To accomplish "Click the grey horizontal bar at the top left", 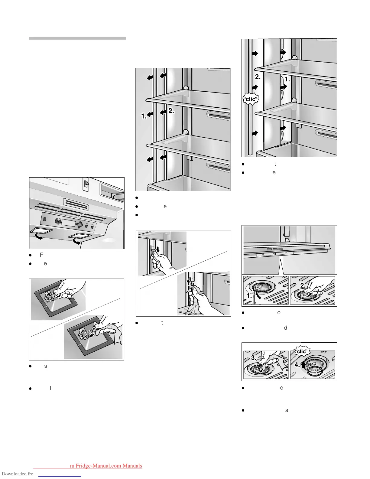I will (77, 38).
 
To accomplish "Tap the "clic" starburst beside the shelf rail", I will (251, 99).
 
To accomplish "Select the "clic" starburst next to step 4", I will (301, 351).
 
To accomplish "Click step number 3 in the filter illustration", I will (254, 358).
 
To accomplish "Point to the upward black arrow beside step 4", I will (303, 364).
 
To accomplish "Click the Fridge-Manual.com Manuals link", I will (106, 466).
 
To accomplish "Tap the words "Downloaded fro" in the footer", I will (18, 474).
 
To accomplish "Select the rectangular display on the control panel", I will (68, 223).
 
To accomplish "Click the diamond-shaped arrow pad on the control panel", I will (80, 225).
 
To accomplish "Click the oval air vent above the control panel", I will (76, 204).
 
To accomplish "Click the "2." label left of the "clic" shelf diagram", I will (258, 77).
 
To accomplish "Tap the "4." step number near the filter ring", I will (297, 365).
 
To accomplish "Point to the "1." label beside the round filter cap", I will (249, 296).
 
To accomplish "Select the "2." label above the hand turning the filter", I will (303, 285).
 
